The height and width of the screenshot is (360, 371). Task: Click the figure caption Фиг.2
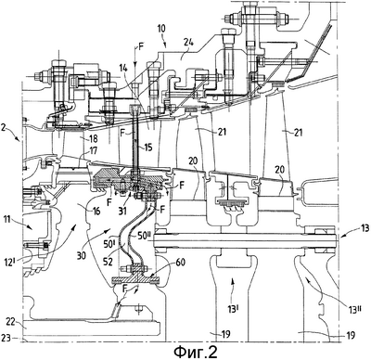point(195,352)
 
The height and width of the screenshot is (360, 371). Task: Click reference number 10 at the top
point(161,29)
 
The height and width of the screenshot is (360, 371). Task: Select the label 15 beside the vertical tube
point(148,147)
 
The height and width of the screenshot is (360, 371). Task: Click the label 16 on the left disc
point(96,212)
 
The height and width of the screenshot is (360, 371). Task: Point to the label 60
point(180,263)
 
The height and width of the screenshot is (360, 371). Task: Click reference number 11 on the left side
point(6,220)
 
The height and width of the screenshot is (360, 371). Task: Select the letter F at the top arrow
point(141,47)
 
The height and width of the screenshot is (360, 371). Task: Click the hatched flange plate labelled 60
point(135,279)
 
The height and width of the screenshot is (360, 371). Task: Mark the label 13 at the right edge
point(365,228)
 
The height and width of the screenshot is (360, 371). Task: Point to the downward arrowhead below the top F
point(135,64)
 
